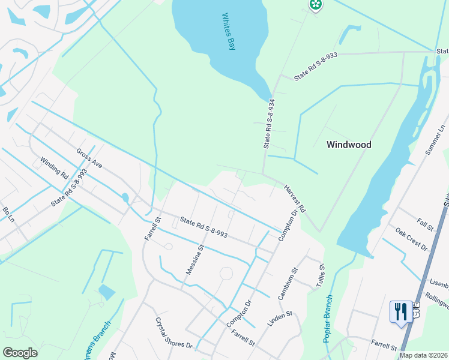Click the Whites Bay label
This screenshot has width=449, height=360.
click(229, 32)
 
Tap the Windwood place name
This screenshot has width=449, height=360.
click(349, 145)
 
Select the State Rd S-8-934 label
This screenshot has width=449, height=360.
click(270, 124)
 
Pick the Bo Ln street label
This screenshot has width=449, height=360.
click(8, 214)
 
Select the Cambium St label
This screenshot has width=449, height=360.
click(288, 284)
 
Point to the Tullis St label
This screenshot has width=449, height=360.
click(322, 276)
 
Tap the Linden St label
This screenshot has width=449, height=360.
click(279, 319)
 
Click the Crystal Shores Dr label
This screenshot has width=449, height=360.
click(174, 334)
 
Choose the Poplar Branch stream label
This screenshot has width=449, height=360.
click(328, 319)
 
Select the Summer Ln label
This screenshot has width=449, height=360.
click(435, 141)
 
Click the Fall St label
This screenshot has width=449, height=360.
click(426, 226)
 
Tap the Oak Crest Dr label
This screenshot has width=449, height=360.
click(411, 238)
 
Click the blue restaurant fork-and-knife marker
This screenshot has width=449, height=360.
click(401, 312)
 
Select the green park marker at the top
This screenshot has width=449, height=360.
click(316, 5)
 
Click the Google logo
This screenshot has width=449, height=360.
click(20, 353)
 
